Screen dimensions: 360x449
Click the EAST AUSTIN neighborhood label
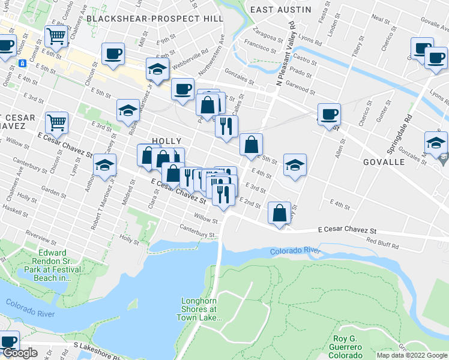coord(281,10)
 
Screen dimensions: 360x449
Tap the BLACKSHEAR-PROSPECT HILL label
coord(155,19)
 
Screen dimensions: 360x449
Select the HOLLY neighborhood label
coord(166,141)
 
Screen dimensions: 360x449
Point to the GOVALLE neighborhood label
coord(385,162)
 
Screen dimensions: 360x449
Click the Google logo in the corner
coord(20,353)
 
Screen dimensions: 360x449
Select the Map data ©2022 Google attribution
coord(412,355)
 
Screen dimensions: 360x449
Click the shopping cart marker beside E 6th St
coord(56,35)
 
